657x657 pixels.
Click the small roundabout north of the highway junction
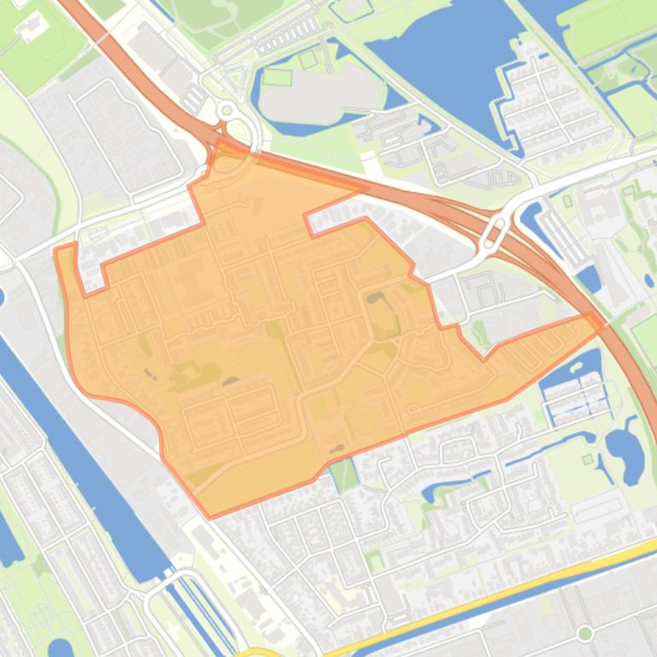point(226,110)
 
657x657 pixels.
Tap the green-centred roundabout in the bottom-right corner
point(585,633)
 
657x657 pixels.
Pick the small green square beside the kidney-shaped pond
point(587,460)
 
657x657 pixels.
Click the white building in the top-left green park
point(32,26)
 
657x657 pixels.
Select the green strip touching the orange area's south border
point(344,474)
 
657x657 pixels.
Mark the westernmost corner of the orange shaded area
point(55,250)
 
